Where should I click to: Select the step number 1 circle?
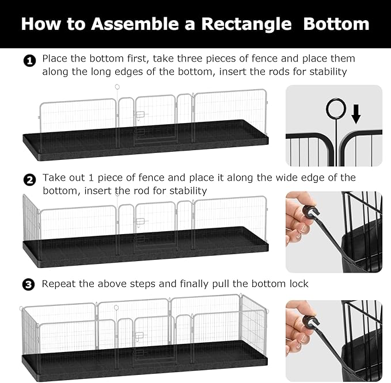pos(29,60)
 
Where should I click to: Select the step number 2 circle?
pos(29,179)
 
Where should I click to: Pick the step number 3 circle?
pos(29,285)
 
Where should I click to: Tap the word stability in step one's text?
pos(327,72)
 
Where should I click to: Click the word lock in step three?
pos(298,284)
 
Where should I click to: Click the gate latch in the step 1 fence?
pos(139,116)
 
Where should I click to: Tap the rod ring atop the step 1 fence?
pos(117,88)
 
